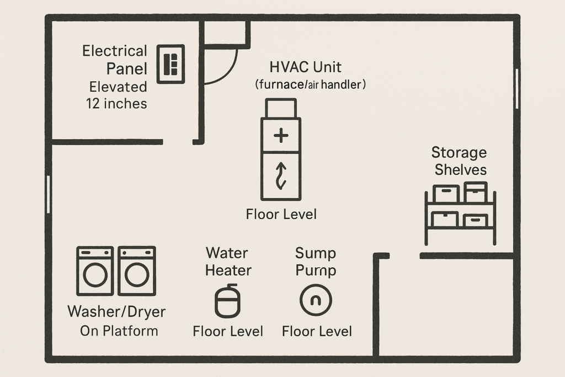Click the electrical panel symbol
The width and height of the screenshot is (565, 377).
(170, 63)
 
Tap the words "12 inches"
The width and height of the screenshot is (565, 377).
(116, 103)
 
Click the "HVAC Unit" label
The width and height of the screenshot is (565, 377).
(305, 67)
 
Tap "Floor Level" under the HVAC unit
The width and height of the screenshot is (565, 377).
(281, 214)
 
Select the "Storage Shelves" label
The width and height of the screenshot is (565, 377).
(459, 161)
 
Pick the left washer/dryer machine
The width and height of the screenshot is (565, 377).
(95, 270)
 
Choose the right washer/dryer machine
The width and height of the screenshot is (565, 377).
(137, 270)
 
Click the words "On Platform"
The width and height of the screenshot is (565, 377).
(119, 331)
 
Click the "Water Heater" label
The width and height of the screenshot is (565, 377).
(227, 262)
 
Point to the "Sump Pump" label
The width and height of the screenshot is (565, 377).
(316, 262)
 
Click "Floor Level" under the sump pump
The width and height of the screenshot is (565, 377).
(317, 331)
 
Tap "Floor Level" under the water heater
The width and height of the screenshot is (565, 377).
(228, 331)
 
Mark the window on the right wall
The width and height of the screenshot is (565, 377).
(516, 88)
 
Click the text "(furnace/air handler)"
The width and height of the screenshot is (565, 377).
(311, 85)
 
